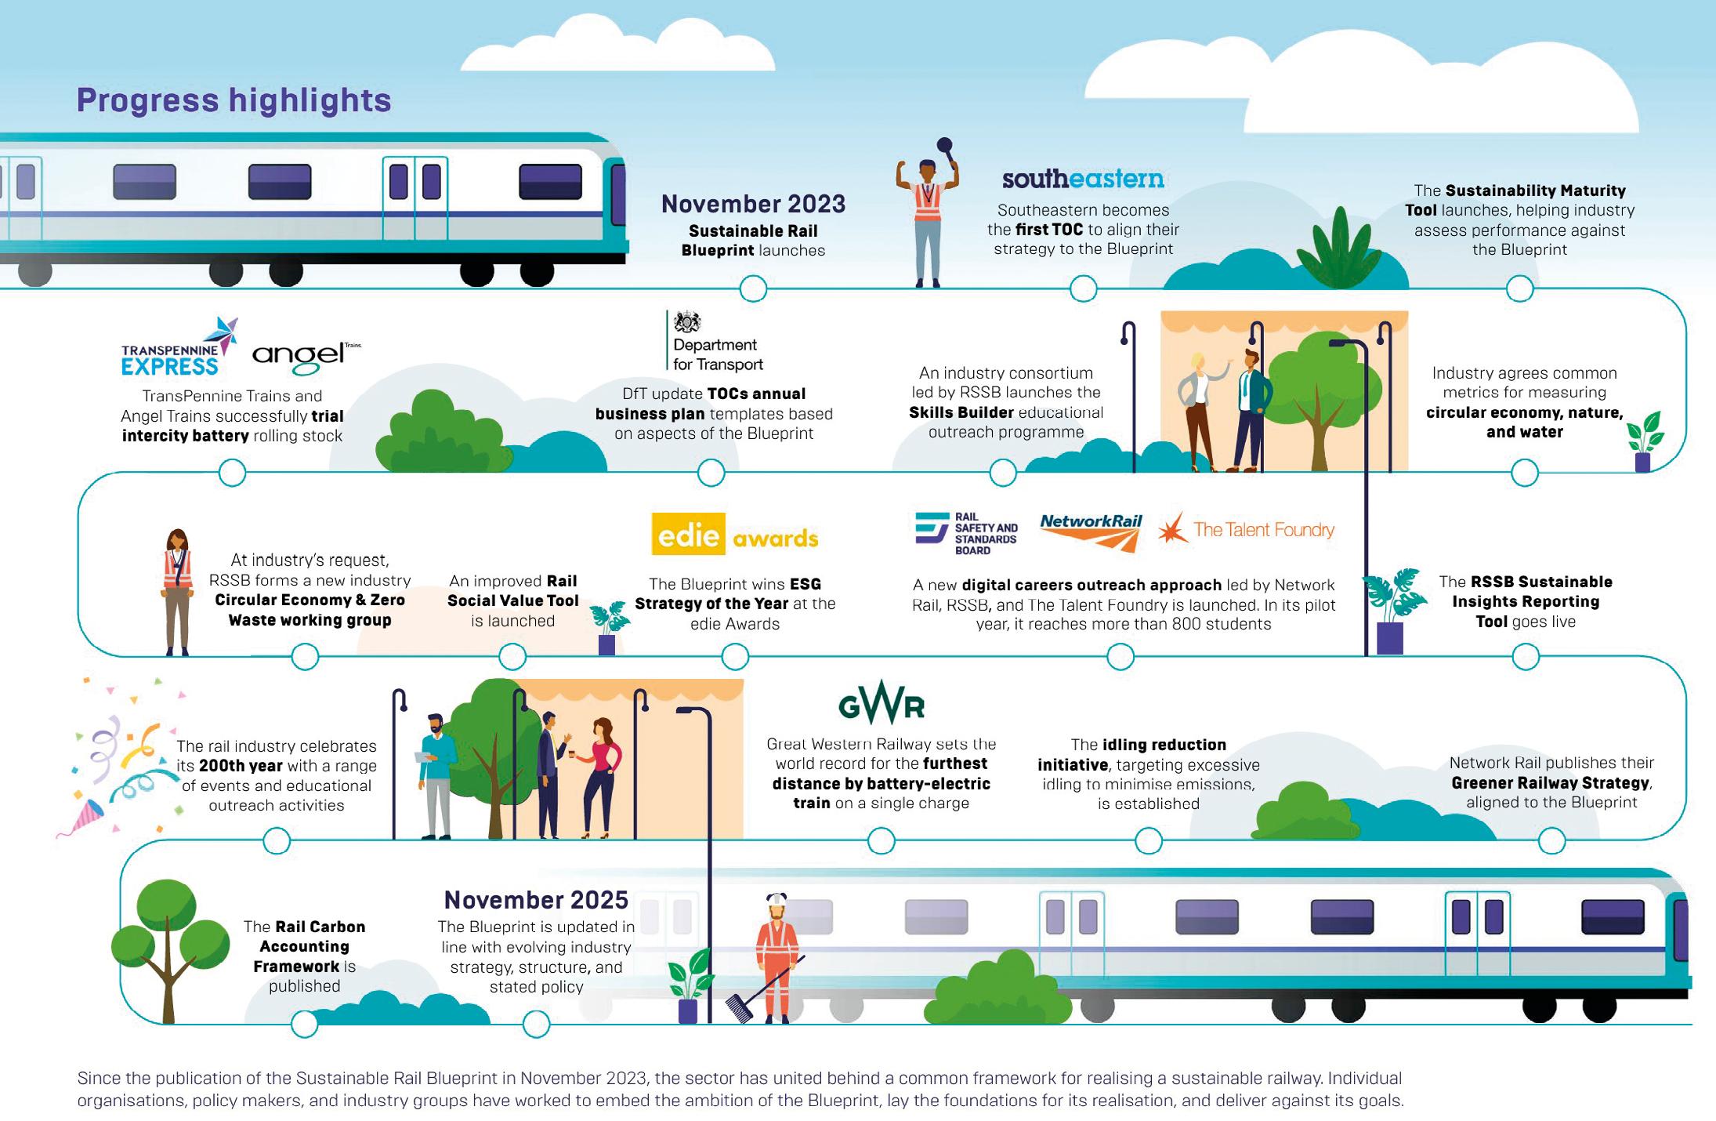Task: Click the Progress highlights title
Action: (x=234, y=100)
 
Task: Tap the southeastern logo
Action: (x=1083, y=180)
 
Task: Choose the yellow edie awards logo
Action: (x=734, y=535)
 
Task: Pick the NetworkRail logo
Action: (x=1091, y=531)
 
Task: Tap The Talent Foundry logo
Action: (x=1247, y=530)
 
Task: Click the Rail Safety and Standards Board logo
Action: (x=967, y=533)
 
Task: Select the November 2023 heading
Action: (x=753, y=204)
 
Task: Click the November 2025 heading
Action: (x=536, y=899)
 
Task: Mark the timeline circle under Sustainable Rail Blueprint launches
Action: (x=753, y=288)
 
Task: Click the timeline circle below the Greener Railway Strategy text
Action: (x=1551, y=841)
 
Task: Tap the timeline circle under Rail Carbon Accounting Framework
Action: (x=305, y=1024)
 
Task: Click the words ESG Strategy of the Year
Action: (x=735, y=593)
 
